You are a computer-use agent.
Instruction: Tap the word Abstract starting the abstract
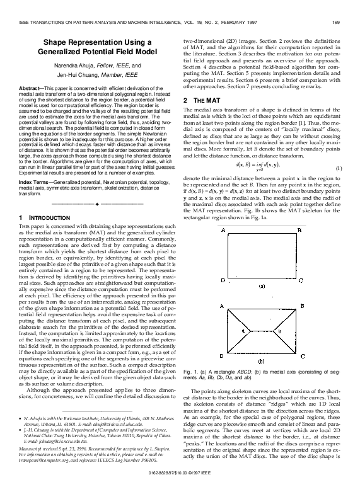point(30,88)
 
